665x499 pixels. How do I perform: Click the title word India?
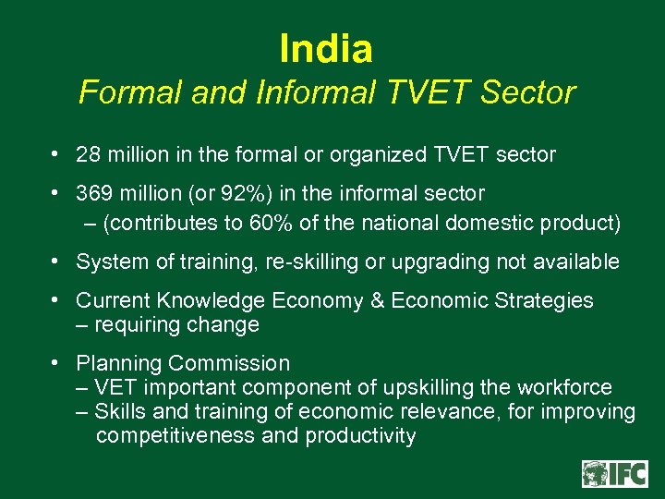pyautogui.click(x=325, y=48)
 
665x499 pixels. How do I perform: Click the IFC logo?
pyautogui.click(x=613, y=474)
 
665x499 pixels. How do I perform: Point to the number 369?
pyautogui.click(x=94, y=194)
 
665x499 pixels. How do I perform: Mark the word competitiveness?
pyautogui.click(x=175, y=436)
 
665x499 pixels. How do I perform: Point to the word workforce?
pyautogui.click(x=565, y=387)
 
